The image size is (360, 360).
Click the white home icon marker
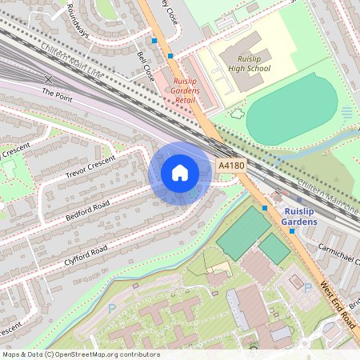coord(180,173)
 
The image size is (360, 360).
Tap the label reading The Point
coord(58,94)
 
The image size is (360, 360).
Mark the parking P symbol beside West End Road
coord(307,287)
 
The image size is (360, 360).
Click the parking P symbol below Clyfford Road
coord(112,307)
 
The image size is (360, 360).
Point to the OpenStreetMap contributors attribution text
coord(80,354)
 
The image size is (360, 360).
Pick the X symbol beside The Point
coord(49,79)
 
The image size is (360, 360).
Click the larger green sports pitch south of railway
coord(242,232)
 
